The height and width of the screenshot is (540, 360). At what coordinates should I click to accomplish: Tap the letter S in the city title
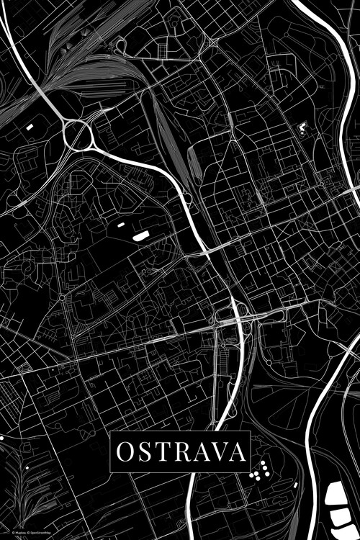143,451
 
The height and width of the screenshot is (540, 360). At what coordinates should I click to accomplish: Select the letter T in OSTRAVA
161,451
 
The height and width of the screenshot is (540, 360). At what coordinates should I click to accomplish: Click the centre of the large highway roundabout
77,134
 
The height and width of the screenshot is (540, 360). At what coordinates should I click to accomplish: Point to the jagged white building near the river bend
302,130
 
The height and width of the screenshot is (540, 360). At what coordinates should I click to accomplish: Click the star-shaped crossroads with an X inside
213,42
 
